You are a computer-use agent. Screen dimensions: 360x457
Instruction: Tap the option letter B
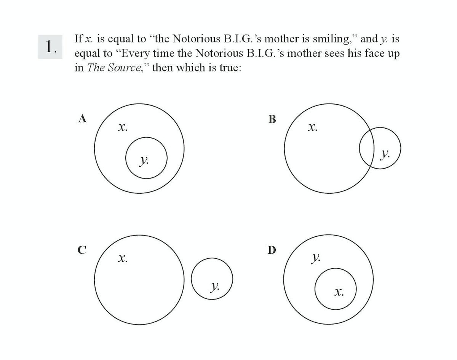point(272,119)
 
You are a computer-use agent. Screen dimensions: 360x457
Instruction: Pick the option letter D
point(272,250)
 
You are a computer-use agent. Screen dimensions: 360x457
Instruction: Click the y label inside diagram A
point(144,161)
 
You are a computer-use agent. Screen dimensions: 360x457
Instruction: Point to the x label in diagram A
point(122,128)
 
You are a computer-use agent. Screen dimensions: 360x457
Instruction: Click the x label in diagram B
point(312,128)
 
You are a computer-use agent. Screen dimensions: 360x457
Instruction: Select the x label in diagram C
point(122,259)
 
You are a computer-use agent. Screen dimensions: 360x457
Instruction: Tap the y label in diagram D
point(315,259)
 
